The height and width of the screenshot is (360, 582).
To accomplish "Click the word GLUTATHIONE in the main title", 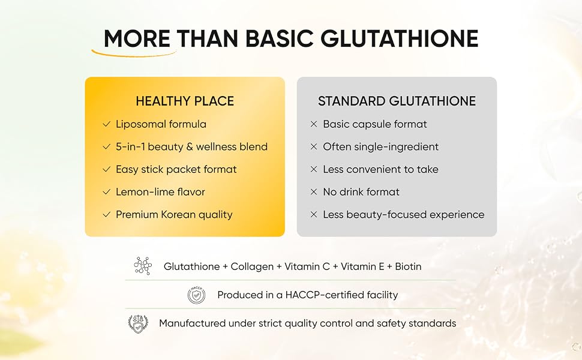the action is [400, 38].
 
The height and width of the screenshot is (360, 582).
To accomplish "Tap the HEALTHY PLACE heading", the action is [185, 101].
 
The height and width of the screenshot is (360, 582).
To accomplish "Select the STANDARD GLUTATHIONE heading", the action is [397, 101].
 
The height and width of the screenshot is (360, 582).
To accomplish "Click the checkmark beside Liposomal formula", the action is [107, 124].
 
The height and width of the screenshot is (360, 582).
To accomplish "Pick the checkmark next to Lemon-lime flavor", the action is [107, 192].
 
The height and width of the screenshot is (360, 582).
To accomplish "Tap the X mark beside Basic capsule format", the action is [314, 124].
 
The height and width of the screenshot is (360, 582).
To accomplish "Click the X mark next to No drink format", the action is [314, 192].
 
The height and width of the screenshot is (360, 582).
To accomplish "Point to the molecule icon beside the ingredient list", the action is [143, 266].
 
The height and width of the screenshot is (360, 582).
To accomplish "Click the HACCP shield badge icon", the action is [196, 295].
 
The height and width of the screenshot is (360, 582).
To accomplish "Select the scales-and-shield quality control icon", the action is [138, 323].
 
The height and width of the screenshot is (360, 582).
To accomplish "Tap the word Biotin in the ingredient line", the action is [408, 266].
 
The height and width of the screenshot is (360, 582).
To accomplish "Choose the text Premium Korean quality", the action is [174, 215].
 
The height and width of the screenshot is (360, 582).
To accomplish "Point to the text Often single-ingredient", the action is [381, 147].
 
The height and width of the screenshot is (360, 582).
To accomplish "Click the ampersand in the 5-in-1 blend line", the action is [190, 147].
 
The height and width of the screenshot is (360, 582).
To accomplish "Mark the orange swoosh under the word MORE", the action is [133, 54].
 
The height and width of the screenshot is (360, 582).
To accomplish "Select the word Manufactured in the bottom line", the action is [192, 323].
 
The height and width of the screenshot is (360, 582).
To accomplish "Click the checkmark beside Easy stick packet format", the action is [107, 169].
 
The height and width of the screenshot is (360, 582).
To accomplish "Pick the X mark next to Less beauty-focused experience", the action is [314, 215].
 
